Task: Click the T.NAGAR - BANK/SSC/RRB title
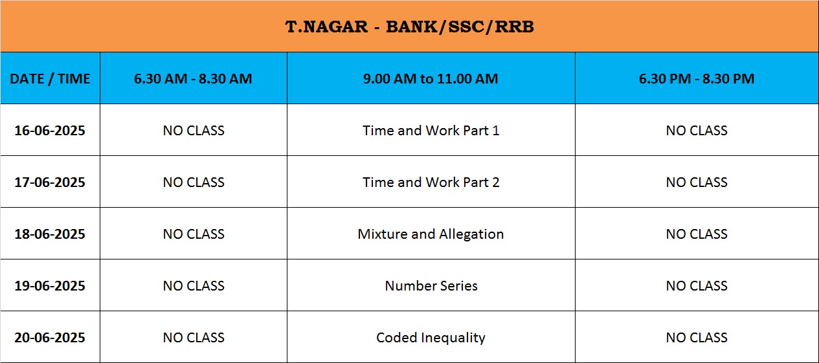coord(409,27)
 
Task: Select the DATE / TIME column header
coord(50,78)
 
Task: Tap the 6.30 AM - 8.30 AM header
coord(193,78)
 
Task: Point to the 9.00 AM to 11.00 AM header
coord(431,78)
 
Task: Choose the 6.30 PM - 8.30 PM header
coord(697,78)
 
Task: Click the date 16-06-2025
coord(50,131)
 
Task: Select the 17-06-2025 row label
coord(50,182)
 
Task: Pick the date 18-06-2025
coord(50,234)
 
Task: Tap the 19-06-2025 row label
coord(50,286)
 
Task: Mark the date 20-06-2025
coord(50,337)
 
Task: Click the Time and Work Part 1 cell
coord(431,131)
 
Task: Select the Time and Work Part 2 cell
coord(431,182)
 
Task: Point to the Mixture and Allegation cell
coord(431,234)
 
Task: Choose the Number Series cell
coord(431,286)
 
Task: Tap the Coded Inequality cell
coord(431,338)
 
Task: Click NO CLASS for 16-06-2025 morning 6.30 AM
coord(194,131)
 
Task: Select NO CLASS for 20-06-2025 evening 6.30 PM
coord(697,337)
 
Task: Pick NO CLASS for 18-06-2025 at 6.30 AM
coord(194,234)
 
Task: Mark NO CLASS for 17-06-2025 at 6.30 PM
coord(697,182)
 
